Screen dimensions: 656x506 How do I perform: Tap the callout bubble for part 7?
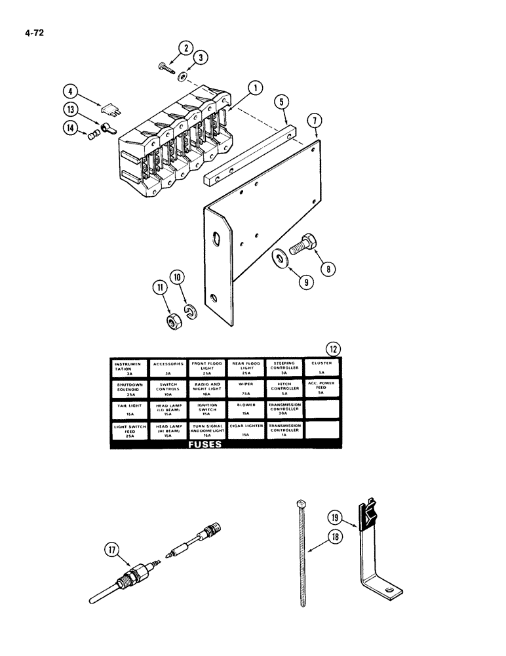(316, 121)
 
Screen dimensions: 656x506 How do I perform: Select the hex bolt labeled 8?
(307, 247)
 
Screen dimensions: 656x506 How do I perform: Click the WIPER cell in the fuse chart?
(246, 388)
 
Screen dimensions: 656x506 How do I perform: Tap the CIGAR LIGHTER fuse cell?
(246, 429)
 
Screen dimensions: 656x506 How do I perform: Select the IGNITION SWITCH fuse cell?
(208, 409)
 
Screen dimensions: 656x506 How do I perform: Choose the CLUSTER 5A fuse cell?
(322, 367)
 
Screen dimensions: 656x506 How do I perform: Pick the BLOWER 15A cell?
(246, 409)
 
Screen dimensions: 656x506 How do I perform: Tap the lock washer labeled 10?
(191, 310)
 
